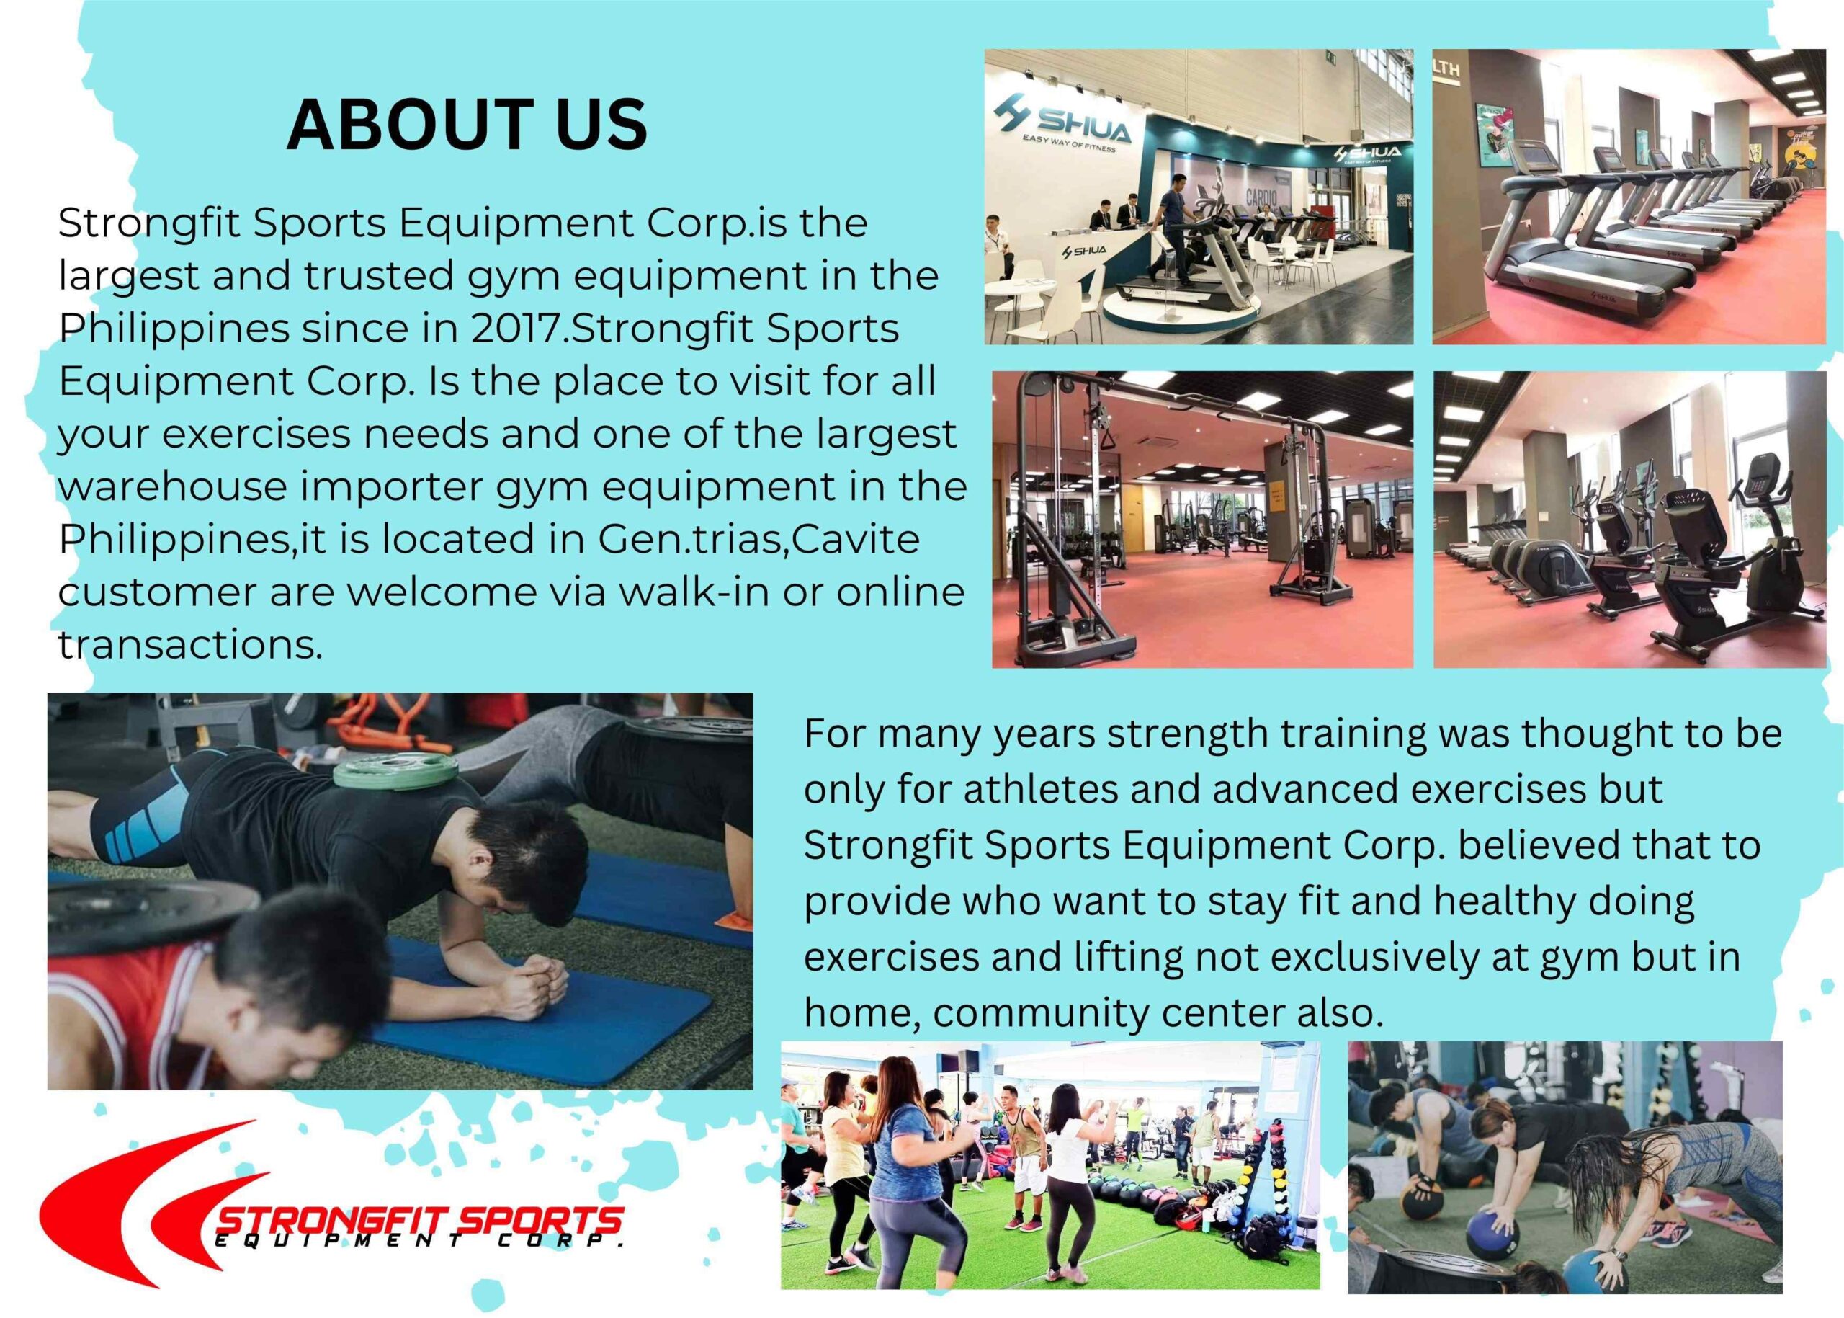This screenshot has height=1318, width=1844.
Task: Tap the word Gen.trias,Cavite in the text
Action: click(x=758, y=539)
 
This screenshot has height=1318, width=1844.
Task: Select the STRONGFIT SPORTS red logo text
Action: click(x=419, y=1221)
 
